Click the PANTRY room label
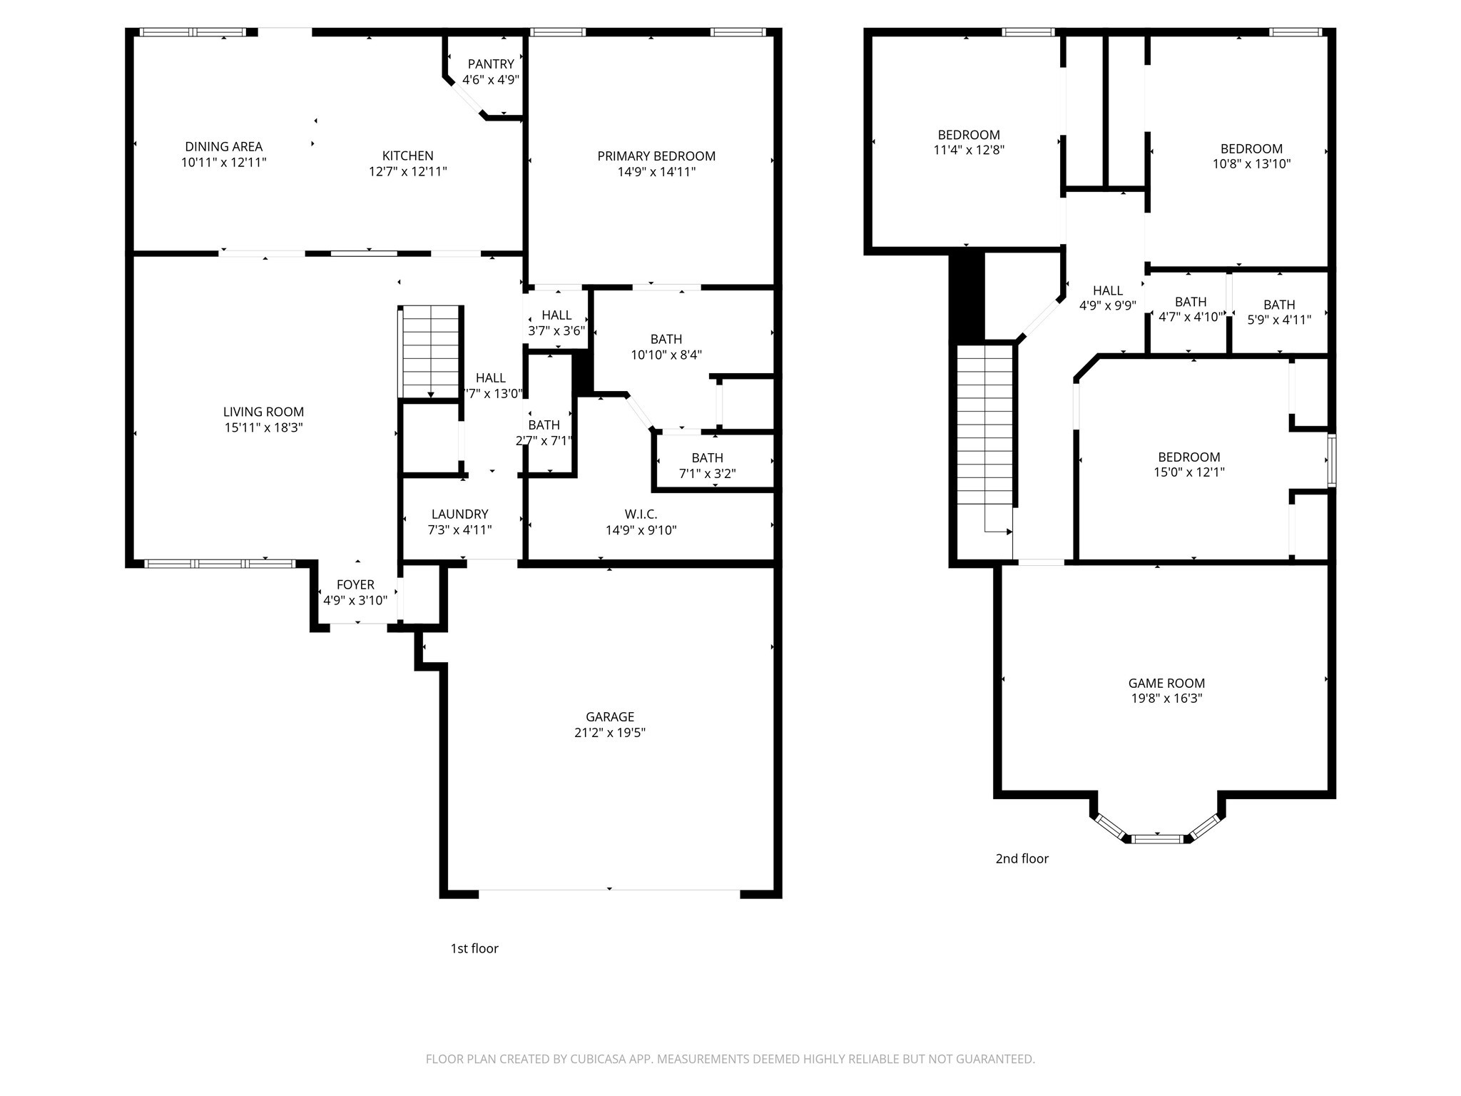pos(491,64)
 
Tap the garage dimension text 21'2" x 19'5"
pos(610,732)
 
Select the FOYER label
pos(355,585)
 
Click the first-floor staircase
pos(430,351)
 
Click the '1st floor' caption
pos(474,948)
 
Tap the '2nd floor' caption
pos(1022,858)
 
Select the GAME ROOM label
pos(1166,683)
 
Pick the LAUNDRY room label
pos(459,514)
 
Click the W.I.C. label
pos(641,514)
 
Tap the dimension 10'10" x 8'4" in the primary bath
pos(666,355)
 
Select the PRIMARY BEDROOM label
pos(656,156)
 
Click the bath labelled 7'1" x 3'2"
pos(707,465)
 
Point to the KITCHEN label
pos(407,156)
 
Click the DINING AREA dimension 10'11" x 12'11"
pos(223,162)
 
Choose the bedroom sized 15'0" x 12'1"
pos(1188,464)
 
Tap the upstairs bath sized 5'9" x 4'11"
pos(1279,312)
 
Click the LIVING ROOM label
pos(263,412)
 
